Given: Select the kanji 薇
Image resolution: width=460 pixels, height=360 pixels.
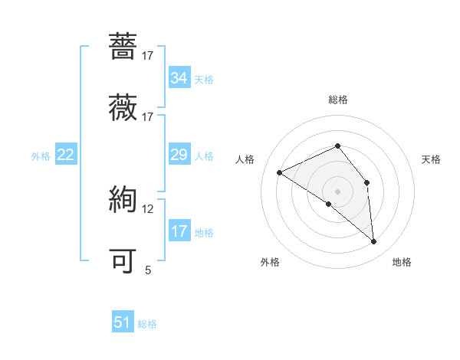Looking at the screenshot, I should point(123,107).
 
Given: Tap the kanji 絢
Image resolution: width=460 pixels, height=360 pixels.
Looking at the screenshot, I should point(123,201).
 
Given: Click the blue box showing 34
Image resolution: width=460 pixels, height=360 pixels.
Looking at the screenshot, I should point(179,78).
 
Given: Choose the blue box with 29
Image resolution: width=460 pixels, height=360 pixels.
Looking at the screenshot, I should point(179,155).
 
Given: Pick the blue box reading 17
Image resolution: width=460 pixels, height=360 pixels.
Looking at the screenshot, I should point(179,231).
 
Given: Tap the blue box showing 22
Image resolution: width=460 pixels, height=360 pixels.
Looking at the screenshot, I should point(66,155).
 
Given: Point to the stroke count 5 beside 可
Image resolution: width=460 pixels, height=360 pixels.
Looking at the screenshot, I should point(148,270).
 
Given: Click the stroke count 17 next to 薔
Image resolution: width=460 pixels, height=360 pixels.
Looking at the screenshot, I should point(147,55).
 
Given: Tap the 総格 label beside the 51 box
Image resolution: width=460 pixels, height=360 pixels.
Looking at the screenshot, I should point(147,324).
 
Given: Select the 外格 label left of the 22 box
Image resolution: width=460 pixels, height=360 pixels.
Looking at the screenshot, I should point(41,156).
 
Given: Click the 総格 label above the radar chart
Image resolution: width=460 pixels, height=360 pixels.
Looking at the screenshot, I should point(338,100).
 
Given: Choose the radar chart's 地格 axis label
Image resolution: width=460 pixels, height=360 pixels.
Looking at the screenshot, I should point(402,262).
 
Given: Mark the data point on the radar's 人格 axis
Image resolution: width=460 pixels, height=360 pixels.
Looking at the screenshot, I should point(280,173).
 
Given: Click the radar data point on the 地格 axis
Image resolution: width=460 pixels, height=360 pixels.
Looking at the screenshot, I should point(373,242).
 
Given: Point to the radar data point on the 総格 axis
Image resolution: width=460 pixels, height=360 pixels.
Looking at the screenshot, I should point(338,146).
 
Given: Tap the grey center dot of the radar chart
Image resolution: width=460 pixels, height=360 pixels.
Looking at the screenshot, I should point(338,191).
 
